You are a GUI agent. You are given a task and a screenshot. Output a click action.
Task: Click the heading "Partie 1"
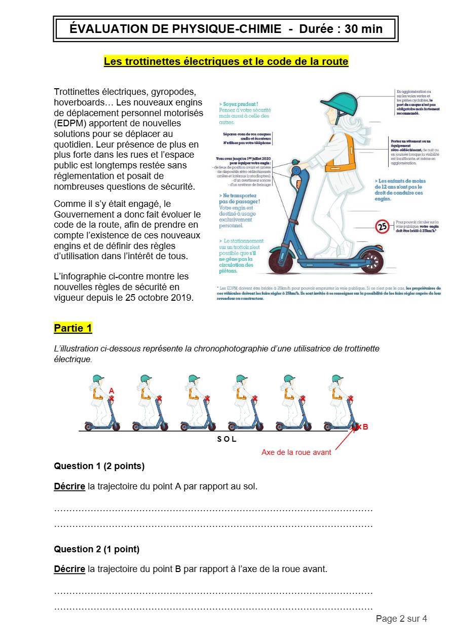73,328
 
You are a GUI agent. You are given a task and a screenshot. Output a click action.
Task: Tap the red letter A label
111,391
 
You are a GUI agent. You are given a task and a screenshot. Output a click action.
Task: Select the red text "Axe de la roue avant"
296,452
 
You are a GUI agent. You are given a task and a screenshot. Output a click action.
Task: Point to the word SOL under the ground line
227,440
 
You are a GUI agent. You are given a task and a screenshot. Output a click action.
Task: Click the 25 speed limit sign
383,226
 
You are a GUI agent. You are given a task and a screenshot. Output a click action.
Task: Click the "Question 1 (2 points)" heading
99,466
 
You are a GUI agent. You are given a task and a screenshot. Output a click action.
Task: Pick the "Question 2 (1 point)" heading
96,549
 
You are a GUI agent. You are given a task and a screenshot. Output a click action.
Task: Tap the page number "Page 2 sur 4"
401,619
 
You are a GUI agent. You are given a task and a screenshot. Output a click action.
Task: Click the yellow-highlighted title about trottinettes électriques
226,61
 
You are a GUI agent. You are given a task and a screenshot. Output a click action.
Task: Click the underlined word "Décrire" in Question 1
69,486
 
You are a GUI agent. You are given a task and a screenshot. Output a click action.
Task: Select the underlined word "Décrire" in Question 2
69,569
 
